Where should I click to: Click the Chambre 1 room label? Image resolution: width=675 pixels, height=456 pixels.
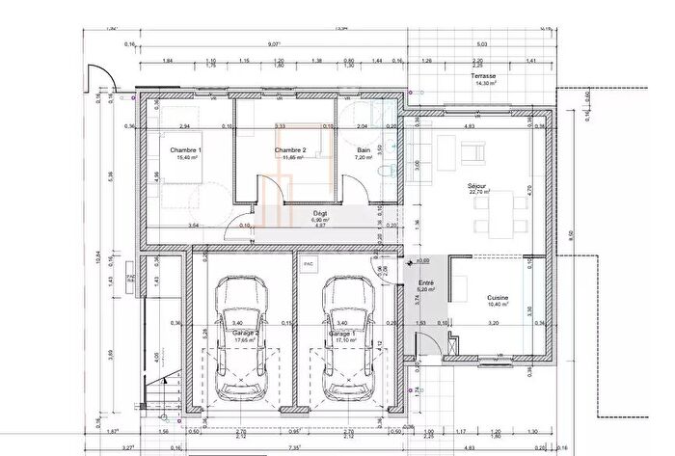(x=186, y=150)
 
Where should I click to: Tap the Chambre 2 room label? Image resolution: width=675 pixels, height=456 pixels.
(x=289, y=150)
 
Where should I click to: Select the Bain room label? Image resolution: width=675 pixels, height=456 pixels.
(x=364, y=150)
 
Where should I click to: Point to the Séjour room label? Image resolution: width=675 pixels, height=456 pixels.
(x=476, y=184)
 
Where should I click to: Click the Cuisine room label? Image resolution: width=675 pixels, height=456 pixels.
(x=498, y=298)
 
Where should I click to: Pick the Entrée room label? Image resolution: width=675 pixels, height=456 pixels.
(x=425, y=282)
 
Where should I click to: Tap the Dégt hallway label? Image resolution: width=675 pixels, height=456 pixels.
(x=321, y=213)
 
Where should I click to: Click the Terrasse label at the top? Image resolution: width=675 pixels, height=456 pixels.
(x=483, y=76)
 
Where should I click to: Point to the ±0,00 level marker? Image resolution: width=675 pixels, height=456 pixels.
(x=421, y=260)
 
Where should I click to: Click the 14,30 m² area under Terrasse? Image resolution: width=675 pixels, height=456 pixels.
(x=483, y=84)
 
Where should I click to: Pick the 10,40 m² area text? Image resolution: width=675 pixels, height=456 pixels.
(x=498, y=306)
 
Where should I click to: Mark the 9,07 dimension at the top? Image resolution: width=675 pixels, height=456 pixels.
(x=275, y=43)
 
